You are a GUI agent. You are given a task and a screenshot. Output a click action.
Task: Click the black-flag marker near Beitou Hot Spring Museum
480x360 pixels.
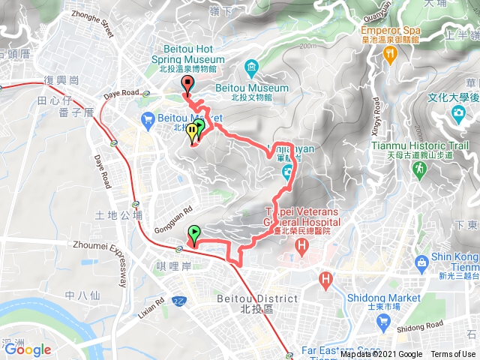(187, 85)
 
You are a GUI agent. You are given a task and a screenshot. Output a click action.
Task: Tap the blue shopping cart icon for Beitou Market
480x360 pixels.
(147, 118)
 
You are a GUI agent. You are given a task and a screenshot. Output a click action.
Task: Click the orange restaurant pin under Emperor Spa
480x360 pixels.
(389, 54)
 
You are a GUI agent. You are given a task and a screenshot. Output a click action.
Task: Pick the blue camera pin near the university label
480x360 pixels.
(457, 112)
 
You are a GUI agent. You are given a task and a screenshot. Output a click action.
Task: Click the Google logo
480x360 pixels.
(28, 349)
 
